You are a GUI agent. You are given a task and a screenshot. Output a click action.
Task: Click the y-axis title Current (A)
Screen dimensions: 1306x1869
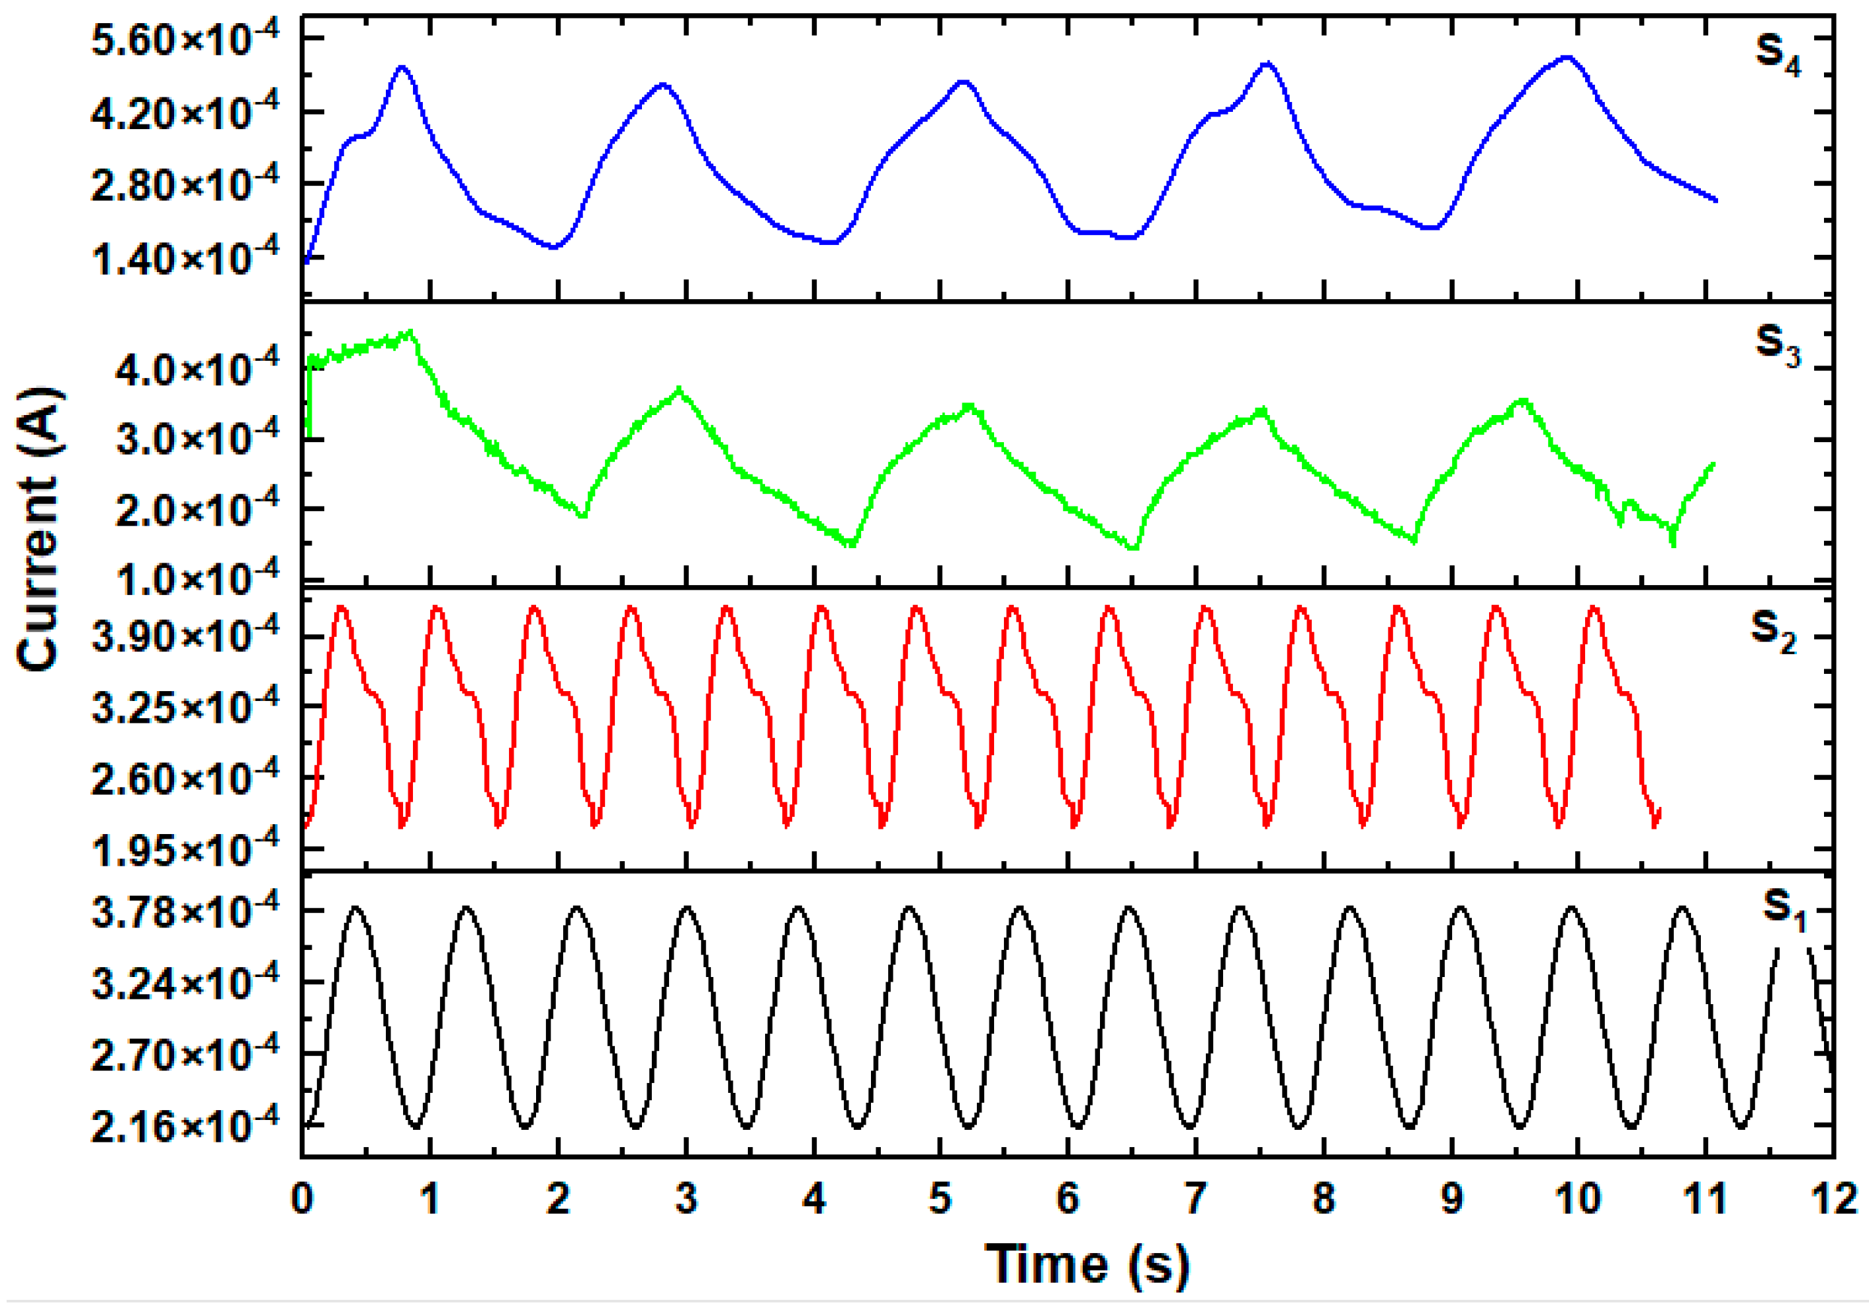pos(39,530)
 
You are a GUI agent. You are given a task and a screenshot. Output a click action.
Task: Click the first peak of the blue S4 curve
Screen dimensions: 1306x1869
pos(402,67)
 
